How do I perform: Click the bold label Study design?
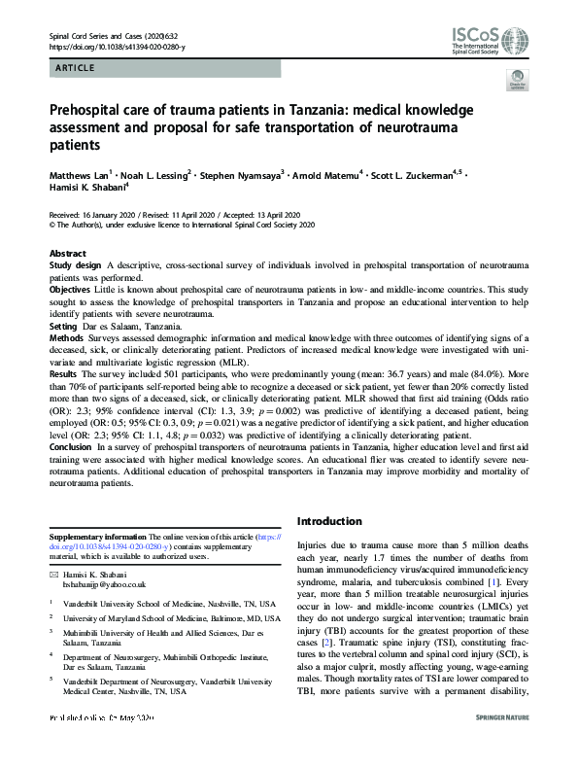pyautogui.click(x=76, y=265)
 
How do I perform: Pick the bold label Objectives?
pyautogui.click(x=72, y=290)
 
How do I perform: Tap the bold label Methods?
pyautogui.click(x=68, y=339)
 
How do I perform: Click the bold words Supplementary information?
pyautogui.click(x=96, y=536)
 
